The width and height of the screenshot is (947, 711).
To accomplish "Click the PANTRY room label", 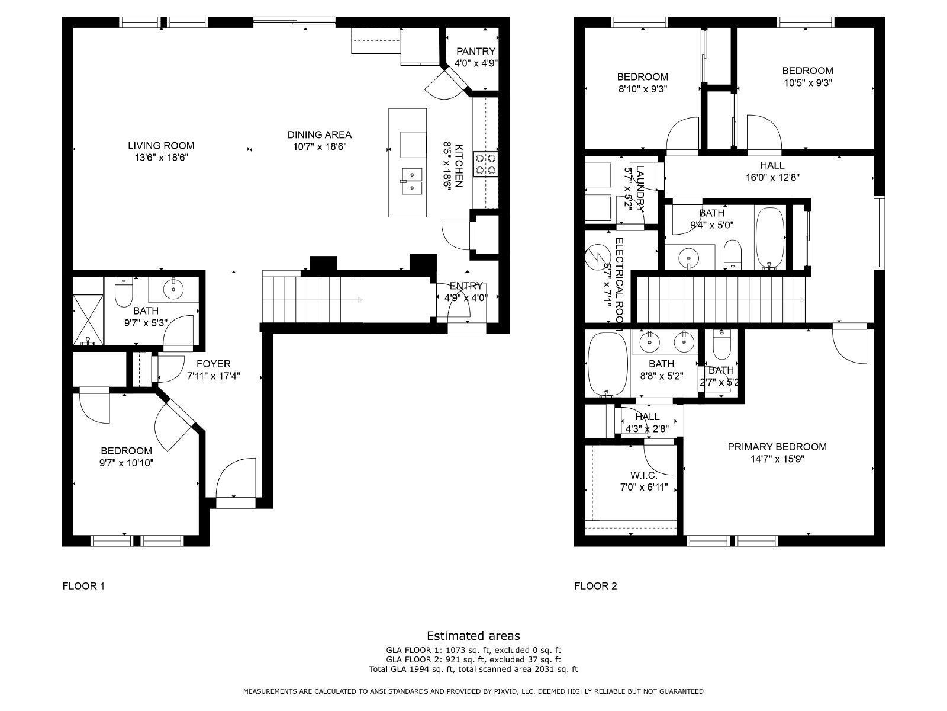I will coord(475,52).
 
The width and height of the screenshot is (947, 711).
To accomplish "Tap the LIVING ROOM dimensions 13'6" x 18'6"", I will coord(161,158).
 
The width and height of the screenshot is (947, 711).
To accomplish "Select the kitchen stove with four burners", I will coord(485,164).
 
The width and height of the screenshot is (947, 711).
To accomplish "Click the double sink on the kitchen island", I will coord(411,181).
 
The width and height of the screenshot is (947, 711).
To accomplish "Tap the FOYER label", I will coord(213,364).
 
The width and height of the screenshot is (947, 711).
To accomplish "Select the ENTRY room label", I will coord(466,286).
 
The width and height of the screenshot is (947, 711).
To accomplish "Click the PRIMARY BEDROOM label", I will coord(777,447).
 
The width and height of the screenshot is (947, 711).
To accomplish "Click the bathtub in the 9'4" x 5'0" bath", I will coord(769,238).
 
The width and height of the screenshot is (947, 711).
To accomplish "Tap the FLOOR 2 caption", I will coord(595,586).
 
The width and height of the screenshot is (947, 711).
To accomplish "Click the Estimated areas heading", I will coord(473,636).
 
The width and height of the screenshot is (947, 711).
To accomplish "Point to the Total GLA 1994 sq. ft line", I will coord(473,670).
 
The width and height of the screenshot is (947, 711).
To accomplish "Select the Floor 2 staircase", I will coord(722,300).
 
